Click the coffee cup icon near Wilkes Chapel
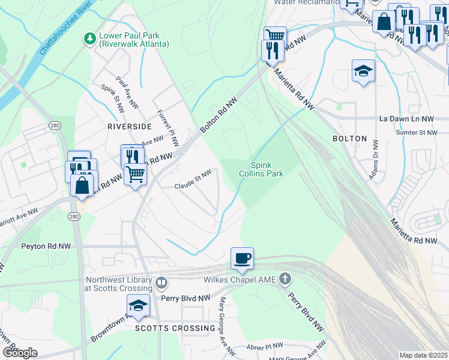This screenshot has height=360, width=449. [242, 259]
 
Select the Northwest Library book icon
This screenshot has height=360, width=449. [161, 283]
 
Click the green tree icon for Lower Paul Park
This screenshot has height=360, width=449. [89, 38]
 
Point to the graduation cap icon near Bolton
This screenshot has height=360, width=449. [363, 71]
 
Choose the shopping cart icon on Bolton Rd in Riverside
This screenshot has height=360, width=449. [136, 174]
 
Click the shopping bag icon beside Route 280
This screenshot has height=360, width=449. [82, 185]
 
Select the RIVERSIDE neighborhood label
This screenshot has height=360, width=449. [129, 127]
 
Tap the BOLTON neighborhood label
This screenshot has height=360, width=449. [349, 139]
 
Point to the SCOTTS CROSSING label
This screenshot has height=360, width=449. [175, 328]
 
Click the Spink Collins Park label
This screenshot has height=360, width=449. [266, 169]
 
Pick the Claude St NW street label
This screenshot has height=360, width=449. [193, 180]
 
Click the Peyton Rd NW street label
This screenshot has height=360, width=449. [46, 246]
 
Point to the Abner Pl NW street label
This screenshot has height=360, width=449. [265, 346]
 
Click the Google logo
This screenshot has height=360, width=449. [19, 353]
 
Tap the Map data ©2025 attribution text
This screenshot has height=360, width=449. [423, 355]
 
